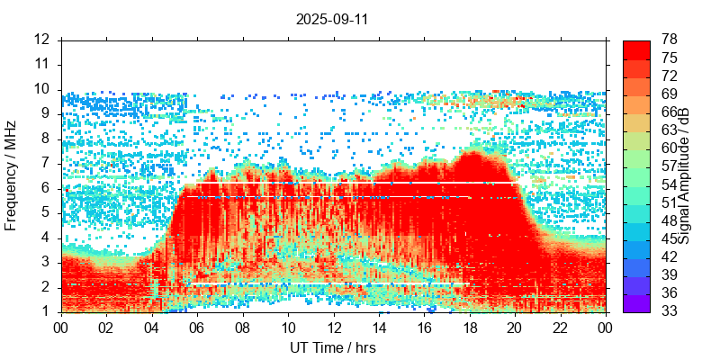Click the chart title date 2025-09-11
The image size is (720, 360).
click(x=332, y=18)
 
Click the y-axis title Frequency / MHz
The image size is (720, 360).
click(x=12, y=175)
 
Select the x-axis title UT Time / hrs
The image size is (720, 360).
click(x=332, y=347)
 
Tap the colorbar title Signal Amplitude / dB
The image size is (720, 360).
click(x=684, y=175)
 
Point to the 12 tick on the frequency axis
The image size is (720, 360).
click(x=42, y=40)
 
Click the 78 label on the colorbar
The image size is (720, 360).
click(x=669, y=40)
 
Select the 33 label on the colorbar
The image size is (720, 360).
click(x=669, y=311)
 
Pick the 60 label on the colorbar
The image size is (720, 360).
click(x=669, y=148)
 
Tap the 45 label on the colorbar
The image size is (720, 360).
click(x=669, y=239)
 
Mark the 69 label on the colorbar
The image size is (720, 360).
click(x=669, y=94)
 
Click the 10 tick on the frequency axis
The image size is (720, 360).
click(x=42, y=89)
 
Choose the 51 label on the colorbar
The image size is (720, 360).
click(x=669, y=202)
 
